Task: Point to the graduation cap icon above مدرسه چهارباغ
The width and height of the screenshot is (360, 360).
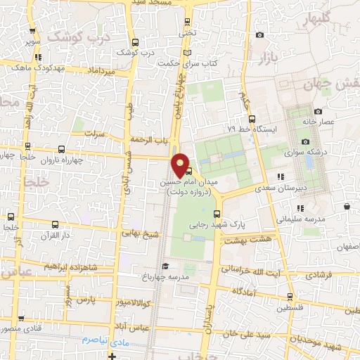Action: (165, 266)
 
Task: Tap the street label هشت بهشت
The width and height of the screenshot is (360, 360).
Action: (255, 240)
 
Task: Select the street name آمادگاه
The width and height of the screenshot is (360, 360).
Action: (236, 290)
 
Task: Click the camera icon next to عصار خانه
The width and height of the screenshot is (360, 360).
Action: (319, 111)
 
